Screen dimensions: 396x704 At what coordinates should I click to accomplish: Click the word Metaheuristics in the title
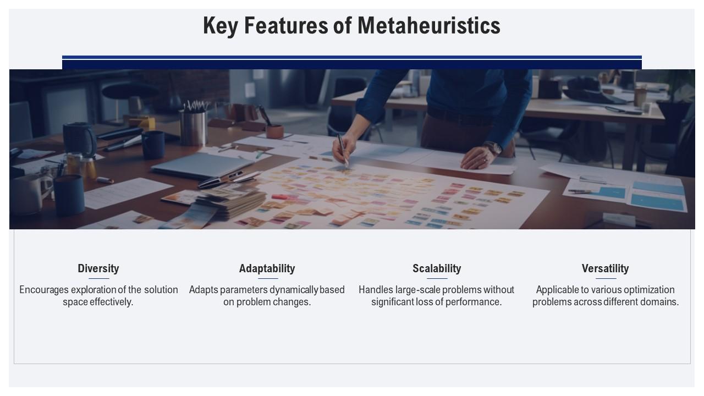click(x=428, y=26)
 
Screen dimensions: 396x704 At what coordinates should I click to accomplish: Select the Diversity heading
click(x=98, y=268)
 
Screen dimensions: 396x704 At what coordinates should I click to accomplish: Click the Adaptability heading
click(x=267, y=268)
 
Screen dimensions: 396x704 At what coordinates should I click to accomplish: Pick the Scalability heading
click(x=437, y=268)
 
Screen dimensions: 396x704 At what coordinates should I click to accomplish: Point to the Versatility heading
click(x=605, y=268)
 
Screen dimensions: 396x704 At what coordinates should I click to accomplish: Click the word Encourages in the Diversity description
click(x=43, y=290)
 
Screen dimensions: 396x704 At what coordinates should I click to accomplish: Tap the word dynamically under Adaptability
click(x=294, y=290)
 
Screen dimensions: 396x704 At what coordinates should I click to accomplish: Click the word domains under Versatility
click(x=661, y=302)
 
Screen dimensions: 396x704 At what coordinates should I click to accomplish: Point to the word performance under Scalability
click(x=476, y=302)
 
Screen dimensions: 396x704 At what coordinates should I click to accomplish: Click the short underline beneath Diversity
click(x=98, y=279)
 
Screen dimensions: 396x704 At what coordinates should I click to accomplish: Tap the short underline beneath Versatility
click(x=605, y=279)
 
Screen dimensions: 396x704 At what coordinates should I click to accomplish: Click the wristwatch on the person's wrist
click(x=492, y=147)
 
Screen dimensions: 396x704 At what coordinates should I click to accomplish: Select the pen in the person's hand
click(x=343, y=150)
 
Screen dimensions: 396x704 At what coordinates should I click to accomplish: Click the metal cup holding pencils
click(x=193, y=127)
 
